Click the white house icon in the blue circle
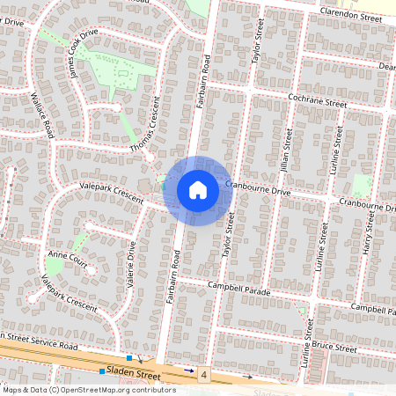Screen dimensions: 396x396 click(x=198, y=190)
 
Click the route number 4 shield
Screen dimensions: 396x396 click(x=204, y=376)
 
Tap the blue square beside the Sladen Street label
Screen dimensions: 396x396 click(x=102, y=371)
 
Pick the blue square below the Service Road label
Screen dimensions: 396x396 click(x=129, y=358)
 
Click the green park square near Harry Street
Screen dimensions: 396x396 click(x=361, y=185)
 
